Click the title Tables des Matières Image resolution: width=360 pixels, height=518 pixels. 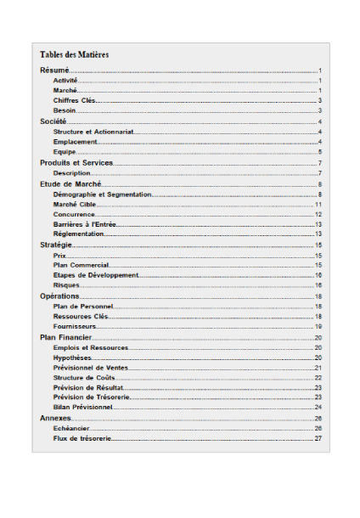click(75, 54)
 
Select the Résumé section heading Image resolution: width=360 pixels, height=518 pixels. click(54, 70)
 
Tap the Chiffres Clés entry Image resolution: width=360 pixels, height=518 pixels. click(74, 100)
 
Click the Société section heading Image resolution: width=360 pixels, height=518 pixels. click(53, 122)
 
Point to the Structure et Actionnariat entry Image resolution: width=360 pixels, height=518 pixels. click(93, 132)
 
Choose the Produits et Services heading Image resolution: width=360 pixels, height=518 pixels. click(76, 163)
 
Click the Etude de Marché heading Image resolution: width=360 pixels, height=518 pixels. click(70, 183)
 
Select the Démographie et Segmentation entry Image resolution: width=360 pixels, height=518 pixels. click(102, 194)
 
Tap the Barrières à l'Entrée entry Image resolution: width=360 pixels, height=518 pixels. click(84, 224)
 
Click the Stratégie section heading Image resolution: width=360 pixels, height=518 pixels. click(55, 245)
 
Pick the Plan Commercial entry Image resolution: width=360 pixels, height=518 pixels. click(81, 265)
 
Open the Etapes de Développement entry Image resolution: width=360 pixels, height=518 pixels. click(95, 275)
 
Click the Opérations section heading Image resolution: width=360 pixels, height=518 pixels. click(59, 296)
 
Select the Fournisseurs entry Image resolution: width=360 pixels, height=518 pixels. click(75, 326)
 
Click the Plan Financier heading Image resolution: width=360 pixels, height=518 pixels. click(65, 337)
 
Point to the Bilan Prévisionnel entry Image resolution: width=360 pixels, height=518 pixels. click(82, 407)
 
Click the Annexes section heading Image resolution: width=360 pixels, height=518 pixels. click(55, 419)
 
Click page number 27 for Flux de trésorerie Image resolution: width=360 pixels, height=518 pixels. click(318, 438)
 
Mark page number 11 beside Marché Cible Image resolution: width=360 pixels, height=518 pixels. click(318, 205)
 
